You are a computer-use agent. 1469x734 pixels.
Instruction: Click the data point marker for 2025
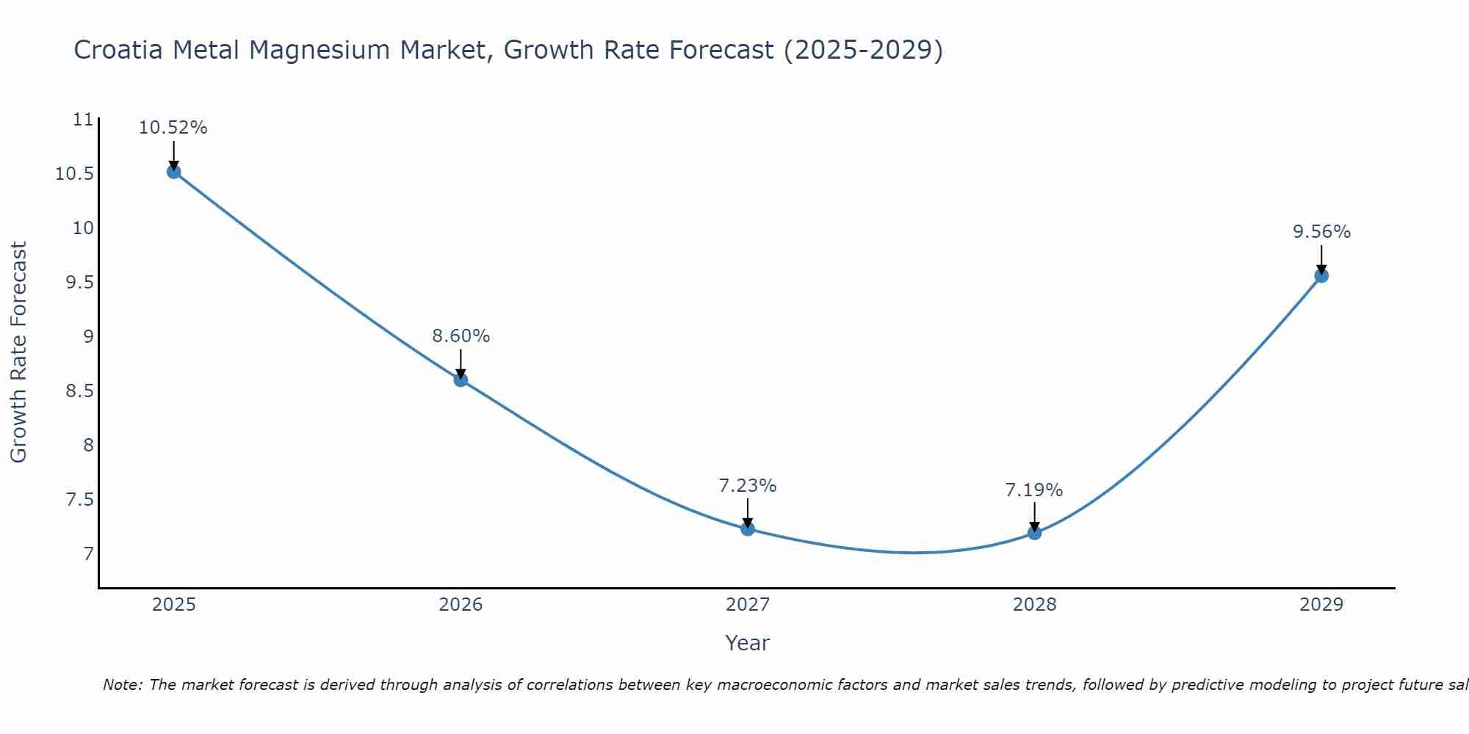click(x=174, y=172)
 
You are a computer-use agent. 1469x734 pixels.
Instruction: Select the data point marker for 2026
click(x=461, y=379)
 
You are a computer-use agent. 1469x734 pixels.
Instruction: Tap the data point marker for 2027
click(x=748, y=528)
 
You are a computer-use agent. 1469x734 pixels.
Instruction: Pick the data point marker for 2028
click(x=1034, y=533)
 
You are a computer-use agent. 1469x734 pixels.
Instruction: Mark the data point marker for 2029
click(x=1321, y=276)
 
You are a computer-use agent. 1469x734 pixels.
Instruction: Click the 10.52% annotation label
click(x=173, y=128)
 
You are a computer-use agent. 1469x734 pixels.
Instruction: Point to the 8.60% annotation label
click(x=461, y=336)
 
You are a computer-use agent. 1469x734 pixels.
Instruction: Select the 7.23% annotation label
click(x=748, y=486)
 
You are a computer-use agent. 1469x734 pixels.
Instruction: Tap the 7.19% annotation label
click(x=1034, y=490)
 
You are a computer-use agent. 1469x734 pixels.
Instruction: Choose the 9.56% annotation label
click(x=1321, y=232)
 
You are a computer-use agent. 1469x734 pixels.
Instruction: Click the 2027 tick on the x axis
click(x=748, y=605)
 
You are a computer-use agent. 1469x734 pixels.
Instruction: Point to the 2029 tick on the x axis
click(x=1321, y=605)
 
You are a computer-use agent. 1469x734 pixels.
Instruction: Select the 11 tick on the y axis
click(x=84, y=120)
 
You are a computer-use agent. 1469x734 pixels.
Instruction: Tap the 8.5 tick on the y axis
click(x=80, y=390)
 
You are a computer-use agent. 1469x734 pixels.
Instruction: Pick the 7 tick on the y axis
click(x=89, y=553)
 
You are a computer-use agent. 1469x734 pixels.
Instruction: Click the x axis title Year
click(x=748, y=643)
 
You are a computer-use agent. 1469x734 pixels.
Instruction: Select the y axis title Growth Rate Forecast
click(x=18, y=352)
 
